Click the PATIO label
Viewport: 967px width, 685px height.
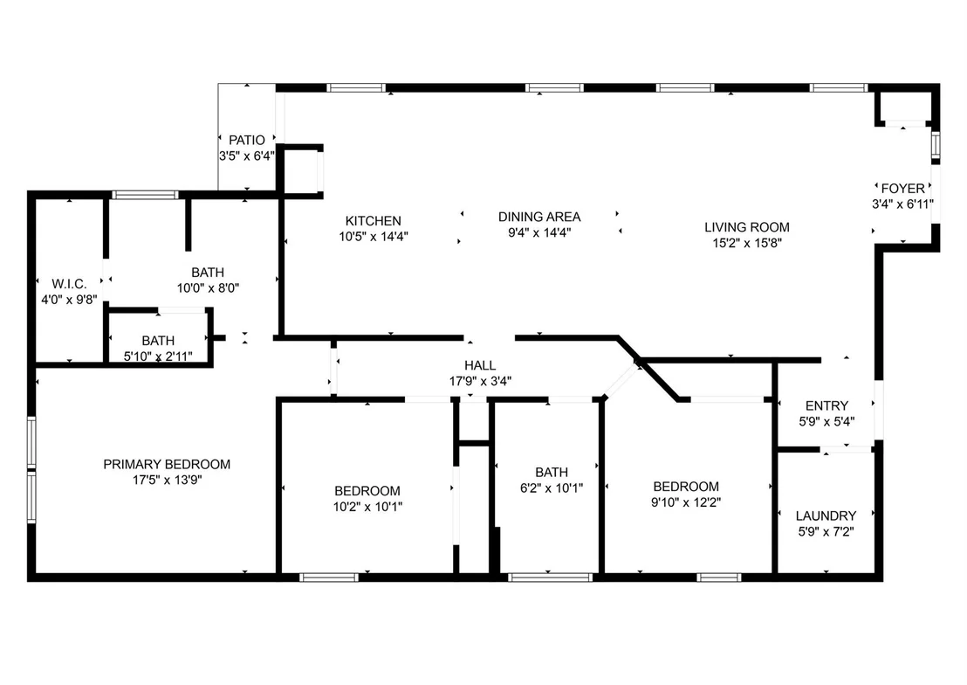tap(247, 140)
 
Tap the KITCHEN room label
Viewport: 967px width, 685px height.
tap(374, 220)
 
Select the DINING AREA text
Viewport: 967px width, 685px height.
tap(539, 217)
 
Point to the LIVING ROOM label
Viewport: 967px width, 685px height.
tap(747, 227)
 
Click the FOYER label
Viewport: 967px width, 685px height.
tap(903, 189)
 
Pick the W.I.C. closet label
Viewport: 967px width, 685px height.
tap(69, 284)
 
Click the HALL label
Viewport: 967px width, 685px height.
tap(480, 366)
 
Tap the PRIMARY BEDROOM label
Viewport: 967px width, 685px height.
tap(167, 465)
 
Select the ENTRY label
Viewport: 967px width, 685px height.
tap(826, 405)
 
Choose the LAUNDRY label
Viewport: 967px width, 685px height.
tap(826, 515)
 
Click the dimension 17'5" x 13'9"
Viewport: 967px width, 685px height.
tap(167, 480)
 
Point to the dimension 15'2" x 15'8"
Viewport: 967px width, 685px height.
tap(747, 244)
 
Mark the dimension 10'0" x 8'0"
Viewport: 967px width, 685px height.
tap(208, 287)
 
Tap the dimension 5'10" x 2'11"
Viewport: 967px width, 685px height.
tap(158, 356)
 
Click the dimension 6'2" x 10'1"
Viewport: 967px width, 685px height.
tap(552, 488)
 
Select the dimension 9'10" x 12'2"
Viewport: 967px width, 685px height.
tap(686, 502)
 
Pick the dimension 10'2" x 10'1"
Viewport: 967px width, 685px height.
tap(367, 507)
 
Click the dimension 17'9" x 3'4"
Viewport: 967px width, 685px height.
tap(480, 381)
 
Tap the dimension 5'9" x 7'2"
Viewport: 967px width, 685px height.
tap(826, 532)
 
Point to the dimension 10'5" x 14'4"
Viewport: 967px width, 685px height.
tap(374, 236)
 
